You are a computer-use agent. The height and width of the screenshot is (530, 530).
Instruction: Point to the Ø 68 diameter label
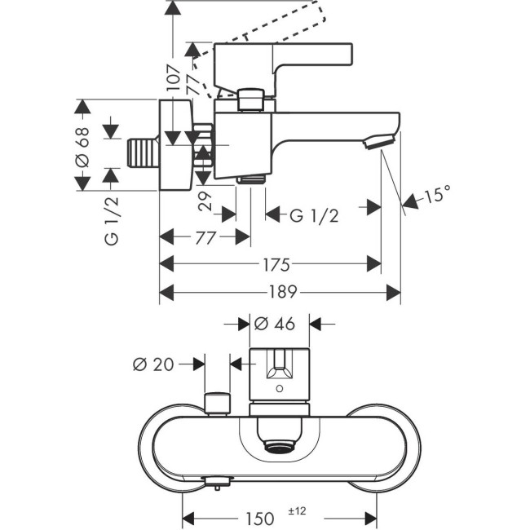pos(82,148)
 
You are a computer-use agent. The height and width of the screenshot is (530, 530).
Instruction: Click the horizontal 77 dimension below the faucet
pos(205,237)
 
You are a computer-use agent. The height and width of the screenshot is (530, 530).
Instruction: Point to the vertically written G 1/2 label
pos(111,220)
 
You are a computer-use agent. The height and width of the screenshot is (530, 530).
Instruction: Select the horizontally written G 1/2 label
pos(314,215)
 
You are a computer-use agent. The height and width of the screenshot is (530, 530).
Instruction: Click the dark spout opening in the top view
pos(280,445)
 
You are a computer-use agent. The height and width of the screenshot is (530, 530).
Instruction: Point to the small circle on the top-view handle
pos(279,391)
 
